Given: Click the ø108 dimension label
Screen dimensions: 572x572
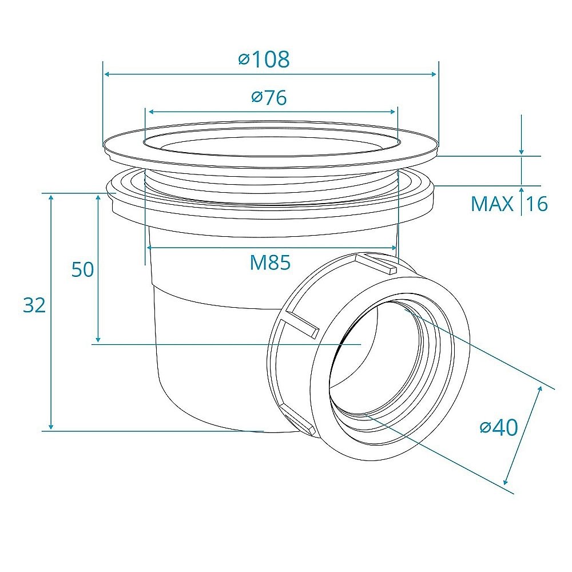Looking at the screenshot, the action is [264, 59].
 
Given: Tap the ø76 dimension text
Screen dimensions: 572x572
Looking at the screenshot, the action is [269, 97].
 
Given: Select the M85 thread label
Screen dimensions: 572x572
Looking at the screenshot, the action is [270, 263].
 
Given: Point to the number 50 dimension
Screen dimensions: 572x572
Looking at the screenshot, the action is [82, 269].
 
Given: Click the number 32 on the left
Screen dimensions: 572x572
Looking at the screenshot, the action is [34, 305].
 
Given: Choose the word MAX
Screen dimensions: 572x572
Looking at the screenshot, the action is [492, 204].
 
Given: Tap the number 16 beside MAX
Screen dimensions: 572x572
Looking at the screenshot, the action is [537, 204].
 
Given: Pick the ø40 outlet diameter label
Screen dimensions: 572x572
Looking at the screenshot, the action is [499, 427].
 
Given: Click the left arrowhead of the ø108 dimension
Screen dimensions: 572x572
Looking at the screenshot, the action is [107, 74].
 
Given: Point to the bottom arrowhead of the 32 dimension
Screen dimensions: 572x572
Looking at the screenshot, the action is [51, 426].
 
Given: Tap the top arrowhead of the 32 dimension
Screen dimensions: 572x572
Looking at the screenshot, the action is [51, 198].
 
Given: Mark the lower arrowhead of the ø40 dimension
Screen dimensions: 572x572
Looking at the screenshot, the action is [506, 481].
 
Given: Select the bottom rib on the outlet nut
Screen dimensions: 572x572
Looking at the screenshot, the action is [299, 420].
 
